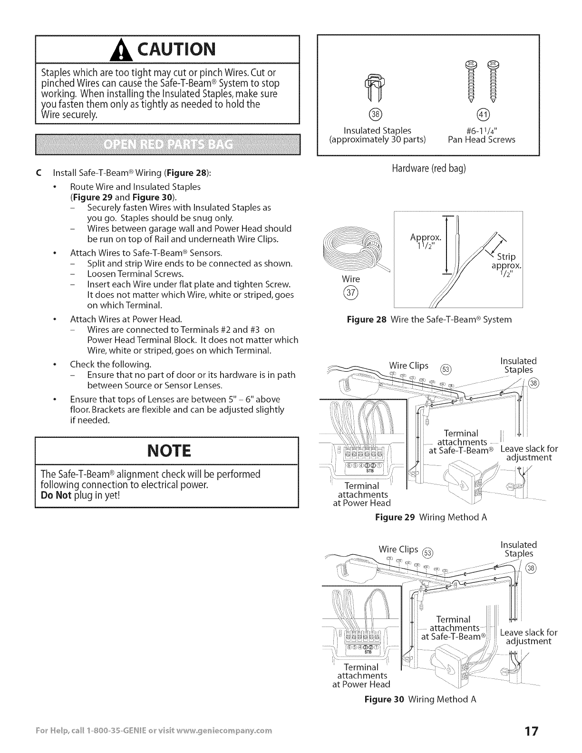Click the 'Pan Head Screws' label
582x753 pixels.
[x=482, y=140]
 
